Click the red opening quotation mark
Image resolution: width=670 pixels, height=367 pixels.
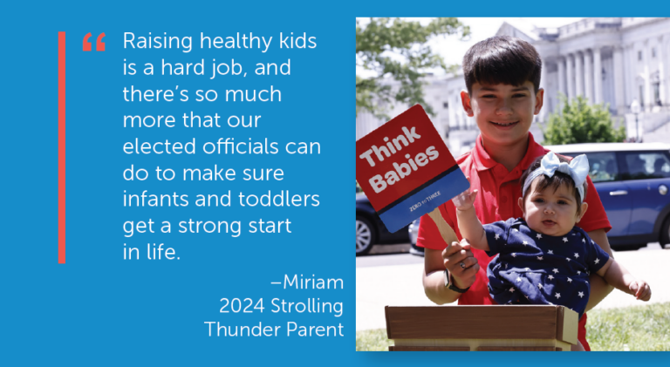point(93,42)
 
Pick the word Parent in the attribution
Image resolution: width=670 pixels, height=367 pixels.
point(313,330)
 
